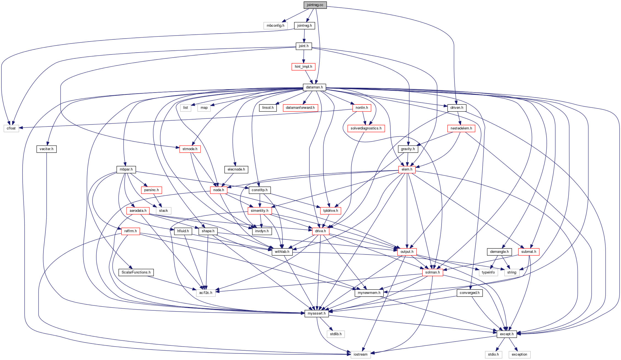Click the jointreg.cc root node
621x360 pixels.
315,5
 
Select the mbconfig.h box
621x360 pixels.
275,26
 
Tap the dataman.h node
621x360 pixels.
314,87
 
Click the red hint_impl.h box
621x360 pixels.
303,67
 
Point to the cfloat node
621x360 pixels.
11,128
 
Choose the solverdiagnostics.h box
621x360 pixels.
366,128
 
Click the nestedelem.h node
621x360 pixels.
461,128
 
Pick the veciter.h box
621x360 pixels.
46,149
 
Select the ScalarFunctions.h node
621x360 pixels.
136,272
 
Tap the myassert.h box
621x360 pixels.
317,313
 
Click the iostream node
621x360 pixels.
360,354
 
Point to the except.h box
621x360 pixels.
506,334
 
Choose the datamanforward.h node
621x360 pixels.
300,108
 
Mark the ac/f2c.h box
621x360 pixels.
206,293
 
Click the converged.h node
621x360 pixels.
469,293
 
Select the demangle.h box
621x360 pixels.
499,252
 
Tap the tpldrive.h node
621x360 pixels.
331,211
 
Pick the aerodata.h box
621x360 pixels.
138,211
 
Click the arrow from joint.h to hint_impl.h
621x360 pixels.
304,56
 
